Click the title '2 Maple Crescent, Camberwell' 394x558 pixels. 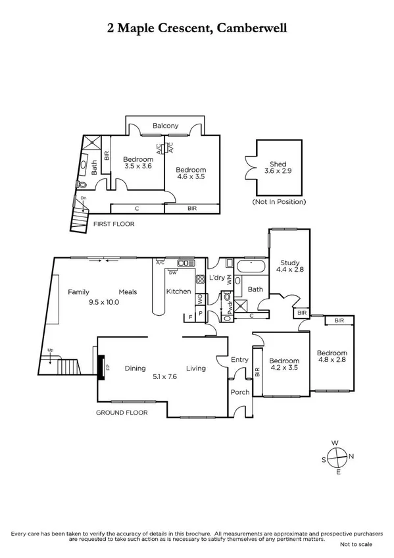pos(197,28)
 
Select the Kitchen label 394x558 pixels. pos(178,292)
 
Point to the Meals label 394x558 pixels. pos(128,292)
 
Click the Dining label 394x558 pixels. pos(135,368)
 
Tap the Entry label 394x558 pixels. pos(239,359)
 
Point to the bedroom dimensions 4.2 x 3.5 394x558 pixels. pos(285,369)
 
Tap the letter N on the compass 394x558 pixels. pos(351,456)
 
